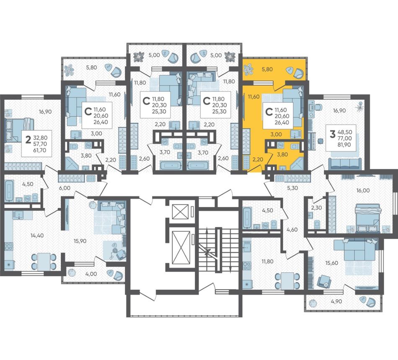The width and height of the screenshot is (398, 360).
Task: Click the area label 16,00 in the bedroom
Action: (x=363, y=190)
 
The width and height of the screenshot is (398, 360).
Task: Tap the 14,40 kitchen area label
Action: (x=37, y=236)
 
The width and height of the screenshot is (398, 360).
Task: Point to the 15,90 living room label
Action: (x=80, y=241)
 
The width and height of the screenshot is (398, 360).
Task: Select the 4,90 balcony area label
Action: (x=336, y=301)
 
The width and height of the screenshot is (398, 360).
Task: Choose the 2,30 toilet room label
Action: (x=317, y=207)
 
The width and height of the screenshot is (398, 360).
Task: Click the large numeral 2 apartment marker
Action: (x=28, y=139)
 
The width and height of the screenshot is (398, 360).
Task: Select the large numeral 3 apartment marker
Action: (x=332, y=134)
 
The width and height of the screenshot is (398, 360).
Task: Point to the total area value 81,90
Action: (x=344, y=145)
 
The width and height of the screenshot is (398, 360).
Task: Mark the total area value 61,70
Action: (x=40, y=150)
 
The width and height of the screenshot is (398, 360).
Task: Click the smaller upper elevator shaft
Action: (x=180, y=211)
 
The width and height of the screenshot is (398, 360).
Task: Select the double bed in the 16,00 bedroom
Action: (x=368, y=218)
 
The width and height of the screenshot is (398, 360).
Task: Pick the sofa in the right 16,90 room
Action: (x=345, y=163)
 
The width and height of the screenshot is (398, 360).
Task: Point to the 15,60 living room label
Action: (x=331, y=263)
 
